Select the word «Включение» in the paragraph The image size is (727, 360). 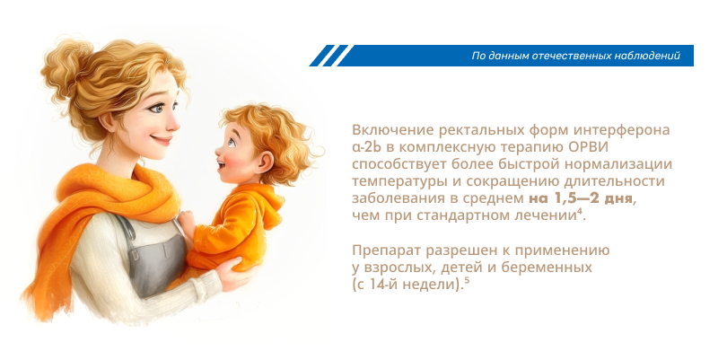(388, 130)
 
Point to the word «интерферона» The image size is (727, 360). (626, 131)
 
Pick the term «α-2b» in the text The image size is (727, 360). (367, 147)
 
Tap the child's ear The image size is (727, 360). (264, 161)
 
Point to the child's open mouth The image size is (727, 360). (222, 163)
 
